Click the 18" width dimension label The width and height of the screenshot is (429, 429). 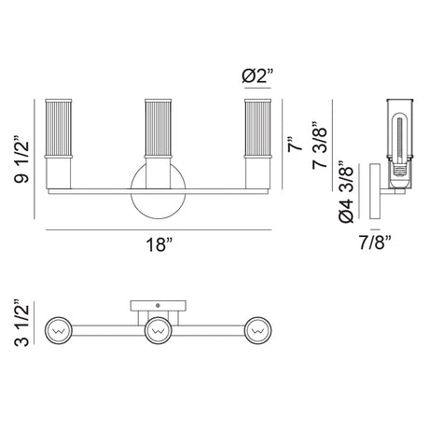159,244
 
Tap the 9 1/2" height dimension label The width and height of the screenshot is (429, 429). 21,159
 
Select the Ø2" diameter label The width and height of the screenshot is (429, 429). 257,76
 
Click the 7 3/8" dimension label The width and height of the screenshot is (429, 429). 320,145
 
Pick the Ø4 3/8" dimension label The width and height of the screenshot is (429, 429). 347,192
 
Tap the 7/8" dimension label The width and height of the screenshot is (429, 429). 375,242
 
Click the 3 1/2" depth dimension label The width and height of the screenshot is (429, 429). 21,323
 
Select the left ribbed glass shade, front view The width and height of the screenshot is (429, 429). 59,129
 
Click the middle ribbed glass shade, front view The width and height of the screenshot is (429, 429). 159,129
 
